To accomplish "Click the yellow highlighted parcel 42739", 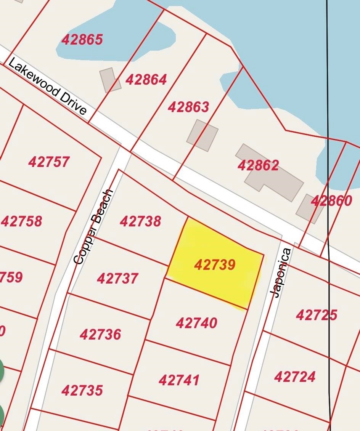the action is point(215,265).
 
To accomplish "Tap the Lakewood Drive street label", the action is point(47,86).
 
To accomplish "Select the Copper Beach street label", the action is point(93,227).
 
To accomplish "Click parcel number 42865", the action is point(82,39).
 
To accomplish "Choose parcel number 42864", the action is point(146,79).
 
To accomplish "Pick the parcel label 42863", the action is point(188,107).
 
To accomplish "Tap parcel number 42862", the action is point(258,165).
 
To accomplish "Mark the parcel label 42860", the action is point(331,201).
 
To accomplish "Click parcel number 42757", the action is point(49,162).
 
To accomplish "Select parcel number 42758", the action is point(22,221).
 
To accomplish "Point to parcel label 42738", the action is point(140,221).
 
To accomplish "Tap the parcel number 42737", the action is point(117,278).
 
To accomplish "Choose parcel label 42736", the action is point(100,335).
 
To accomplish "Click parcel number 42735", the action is point(82,390).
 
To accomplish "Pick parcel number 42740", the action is point(196,323).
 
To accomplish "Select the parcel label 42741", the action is point(179,380).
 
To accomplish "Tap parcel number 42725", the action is point(317,315).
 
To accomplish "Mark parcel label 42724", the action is point(295,377).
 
